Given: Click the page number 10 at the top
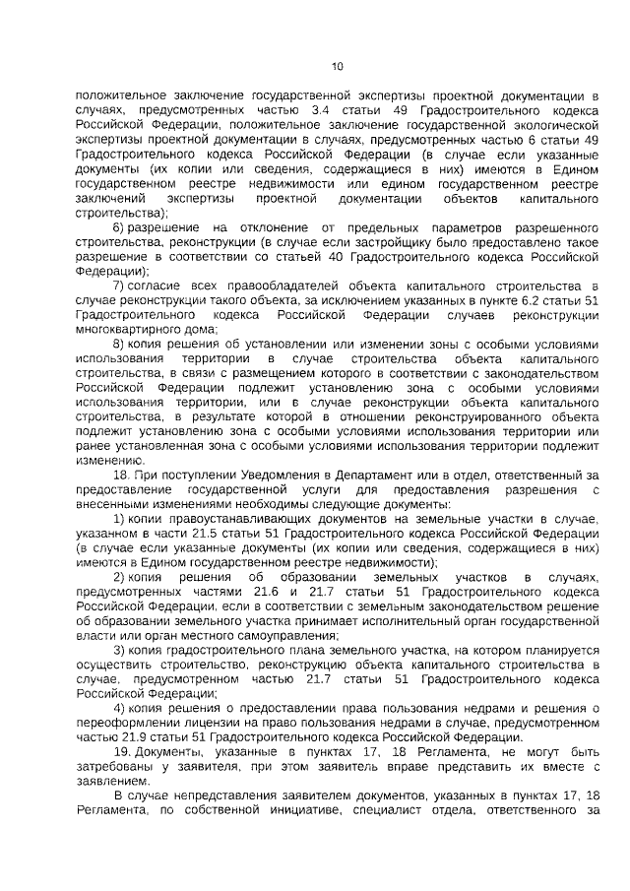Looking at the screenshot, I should [x=337, y=67].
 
